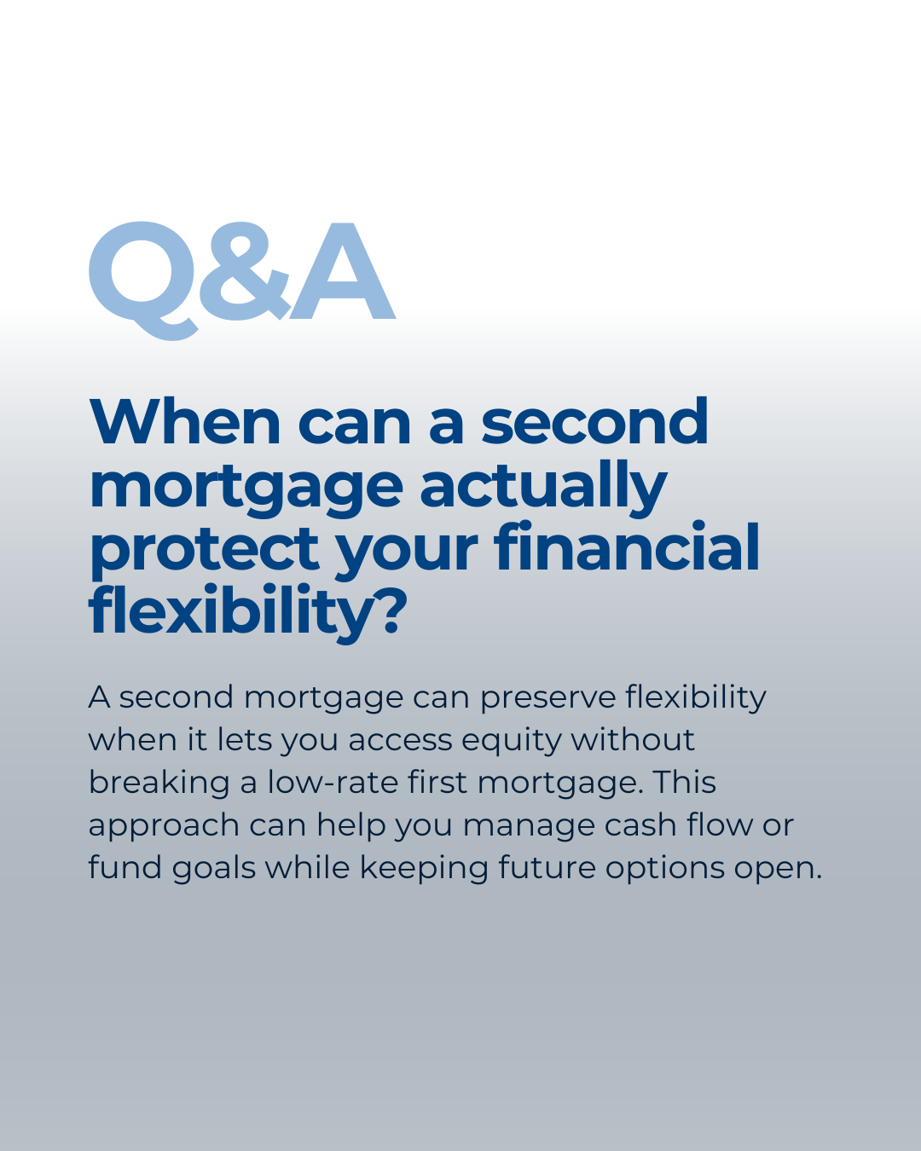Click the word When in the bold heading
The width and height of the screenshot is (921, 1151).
click(185, 422)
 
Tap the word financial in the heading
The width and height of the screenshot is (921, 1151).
click(627, 547)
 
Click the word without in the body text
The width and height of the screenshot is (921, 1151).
click(633, 740)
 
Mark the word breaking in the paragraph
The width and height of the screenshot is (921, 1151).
click(159, 784)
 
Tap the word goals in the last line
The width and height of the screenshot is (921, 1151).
click(214, 869)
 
